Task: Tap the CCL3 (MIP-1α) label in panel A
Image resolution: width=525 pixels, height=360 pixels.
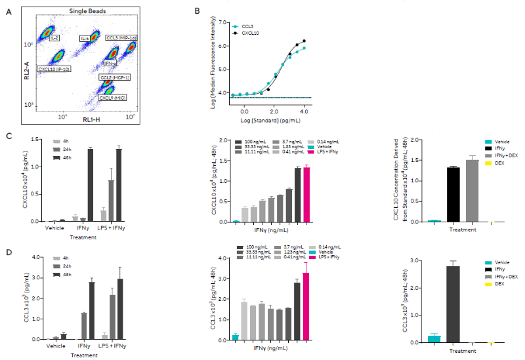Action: point(121,38)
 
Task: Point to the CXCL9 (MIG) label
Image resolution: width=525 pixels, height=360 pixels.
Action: point(112,98)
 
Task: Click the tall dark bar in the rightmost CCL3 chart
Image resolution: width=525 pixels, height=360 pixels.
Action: point(452,304)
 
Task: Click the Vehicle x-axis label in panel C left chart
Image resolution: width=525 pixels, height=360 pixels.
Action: point(55,228)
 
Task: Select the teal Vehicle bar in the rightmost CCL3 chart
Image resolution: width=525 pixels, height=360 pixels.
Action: point(433,339)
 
